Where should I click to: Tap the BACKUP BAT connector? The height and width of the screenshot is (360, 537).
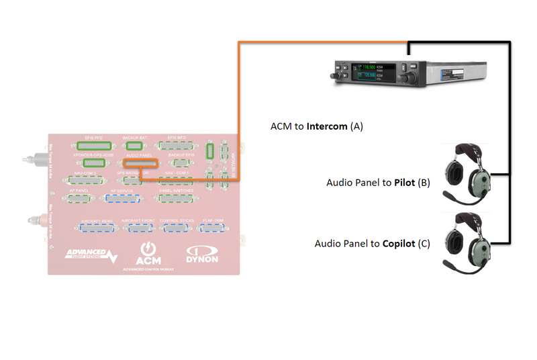coord(134,145)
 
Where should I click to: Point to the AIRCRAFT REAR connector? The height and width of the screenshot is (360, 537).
coord(97,228)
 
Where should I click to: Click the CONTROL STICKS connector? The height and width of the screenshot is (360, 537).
coord(177,228)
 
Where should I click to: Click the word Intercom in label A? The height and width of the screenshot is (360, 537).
coord(328,126)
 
